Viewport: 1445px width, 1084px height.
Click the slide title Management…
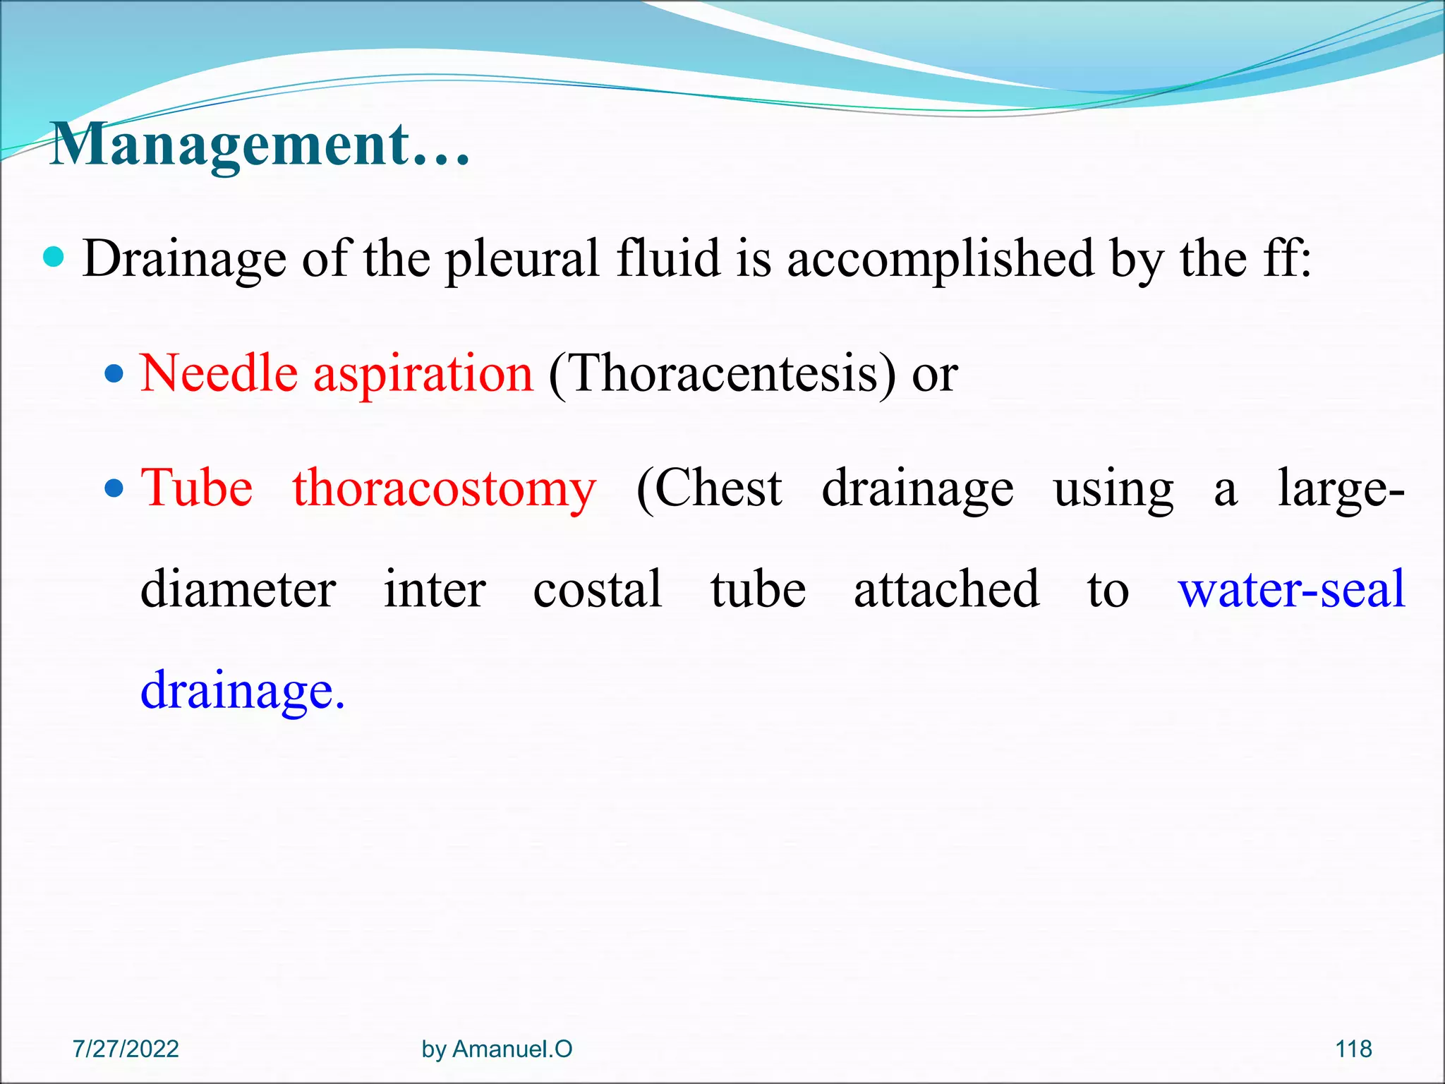click(260, 145)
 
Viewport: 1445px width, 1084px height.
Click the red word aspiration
click(423, 374)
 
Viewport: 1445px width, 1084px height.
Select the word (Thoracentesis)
click(722, 374)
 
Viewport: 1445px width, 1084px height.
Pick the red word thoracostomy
click(445, 489)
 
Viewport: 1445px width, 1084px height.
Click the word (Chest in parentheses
click(708, 488)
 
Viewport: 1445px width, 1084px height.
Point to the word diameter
click(238, 589)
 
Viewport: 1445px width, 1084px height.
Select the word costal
click(597, 589)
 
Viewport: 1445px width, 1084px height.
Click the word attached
click(946, 589)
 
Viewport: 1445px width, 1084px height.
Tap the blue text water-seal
click(1291, 589)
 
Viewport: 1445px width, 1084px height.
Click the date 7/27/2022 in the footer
click(126, 1049)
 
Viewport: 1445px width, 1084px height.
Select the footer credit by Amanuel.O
click(497, 1049)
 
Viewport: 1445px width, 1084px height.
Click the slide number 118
click(1353, 1049)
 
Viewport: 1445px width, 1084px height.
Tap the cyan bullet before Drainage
click(53, 257)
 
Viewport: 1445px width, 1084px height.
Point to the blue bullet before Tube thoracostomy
click(114, 488)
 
